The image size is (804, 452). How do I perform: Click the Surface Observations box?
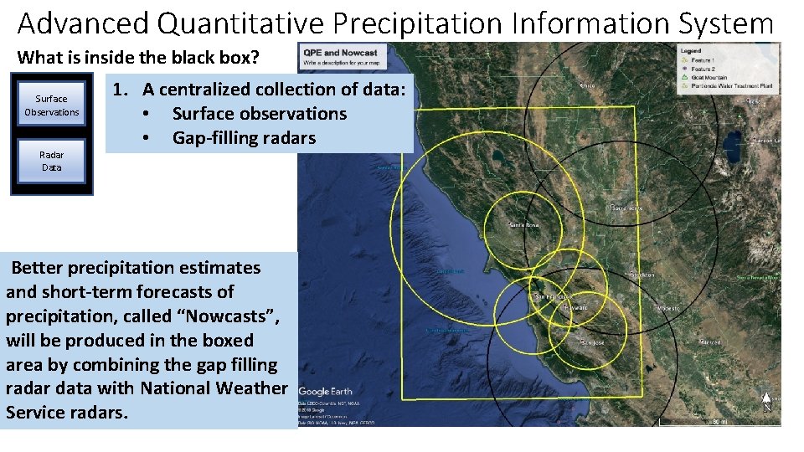click(52, 105)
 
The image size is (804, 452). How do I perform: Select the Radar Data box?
click(52, 161)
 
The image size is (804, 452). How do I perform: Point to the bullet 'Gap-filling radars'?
click(244, 137)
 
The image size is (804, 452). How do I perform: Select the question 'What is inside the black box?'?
click(139, 58)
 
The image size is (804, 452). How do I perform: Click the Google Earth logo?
click(326, 391)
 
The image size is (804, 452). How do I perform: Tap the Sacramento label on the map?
click(627, 208)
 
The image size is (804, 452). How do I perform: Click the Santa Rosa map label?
click(524, 225)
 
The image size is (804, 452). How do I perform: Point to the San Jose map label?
click(591, 343)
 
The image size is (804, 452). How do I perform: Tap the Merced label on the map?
click(710, 342)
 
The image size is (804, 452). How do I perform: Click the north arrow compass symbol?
click(766, 403)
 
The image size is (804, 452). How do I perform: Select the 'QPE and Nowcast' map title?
click(341, 53)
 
